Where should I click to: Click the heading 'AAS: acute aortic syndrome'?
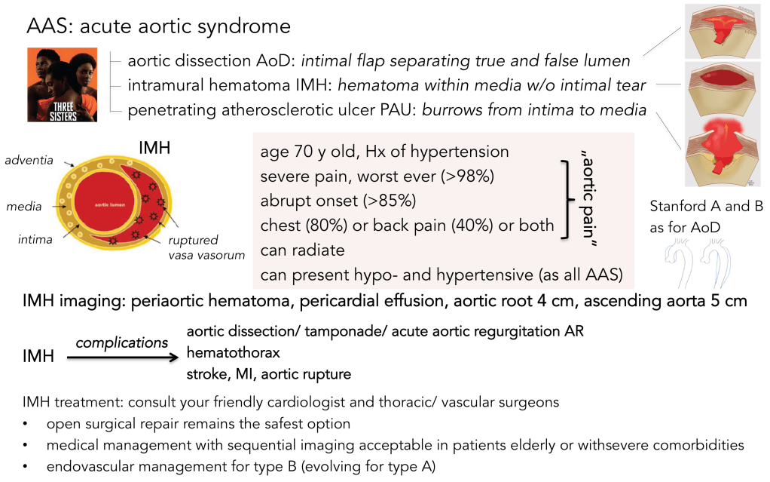158,26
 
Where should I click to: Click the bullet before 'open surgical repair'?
26,424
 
